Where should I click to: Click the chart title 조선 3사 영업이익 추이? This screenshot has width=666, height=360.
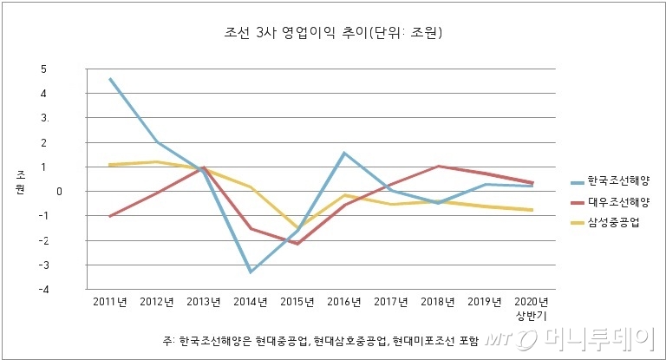point(333,35)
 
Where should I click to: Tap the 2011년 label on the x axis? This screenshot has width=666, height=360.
point(110,302)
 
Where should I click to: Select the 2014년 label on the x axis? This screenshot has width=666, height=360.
point(250,302)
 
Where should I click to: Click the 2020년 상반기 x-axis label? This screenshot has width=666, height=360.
point(530,308)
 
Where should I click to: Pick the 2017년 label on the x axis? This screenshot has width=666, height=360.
point(390,302)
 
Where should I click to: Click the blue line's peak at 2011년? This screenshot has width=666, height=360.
point(110,78)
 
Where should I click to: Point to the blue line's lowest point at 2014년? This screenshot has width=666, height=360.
point(250,272)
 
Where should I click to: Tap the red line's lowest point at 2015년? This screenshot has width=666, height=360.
point(297,244)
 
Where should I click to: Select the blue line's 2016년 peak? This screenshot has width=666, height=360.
point(343,153)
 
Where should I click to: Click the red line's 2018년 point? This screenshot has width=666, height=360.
point(438,166)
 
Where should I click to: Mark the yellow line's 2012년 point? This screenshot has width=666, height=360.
point(157,161)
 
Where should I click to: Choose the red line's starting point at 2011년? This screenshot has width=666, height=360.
point(110,216)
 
